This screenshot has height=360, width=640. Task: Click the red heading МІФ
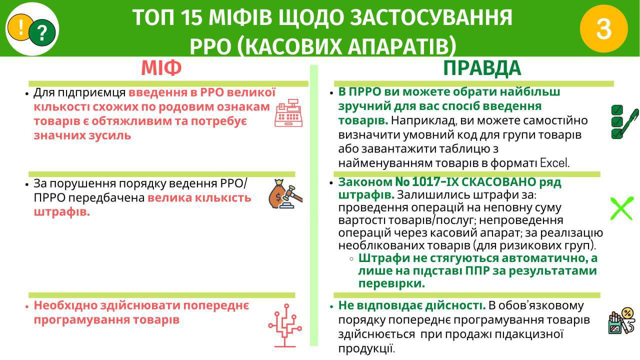click(x=161, y=68)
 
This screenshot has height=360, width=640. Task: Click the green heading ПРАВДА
click(x=482, y=68)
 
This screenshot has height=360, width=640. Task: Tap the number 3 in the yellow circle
click(x=603, y=29)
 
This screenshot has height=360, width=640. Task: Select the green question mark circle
click(x=42, y=32)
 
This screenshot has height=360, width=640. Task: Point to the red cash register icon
click(x=288, y=113)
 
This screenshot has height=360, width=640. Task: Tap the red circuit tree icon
click(x=285, y=325)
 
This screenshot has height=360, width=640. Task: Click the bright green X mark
click(x=621, y=208)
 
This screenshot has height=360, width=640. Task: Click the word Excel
click(x=554, y=163)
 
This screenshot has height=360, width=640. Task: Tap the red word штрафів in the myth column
click(x=61, y=212)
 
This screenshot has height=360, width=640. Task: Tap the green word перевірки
click(x=391, y=283)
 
